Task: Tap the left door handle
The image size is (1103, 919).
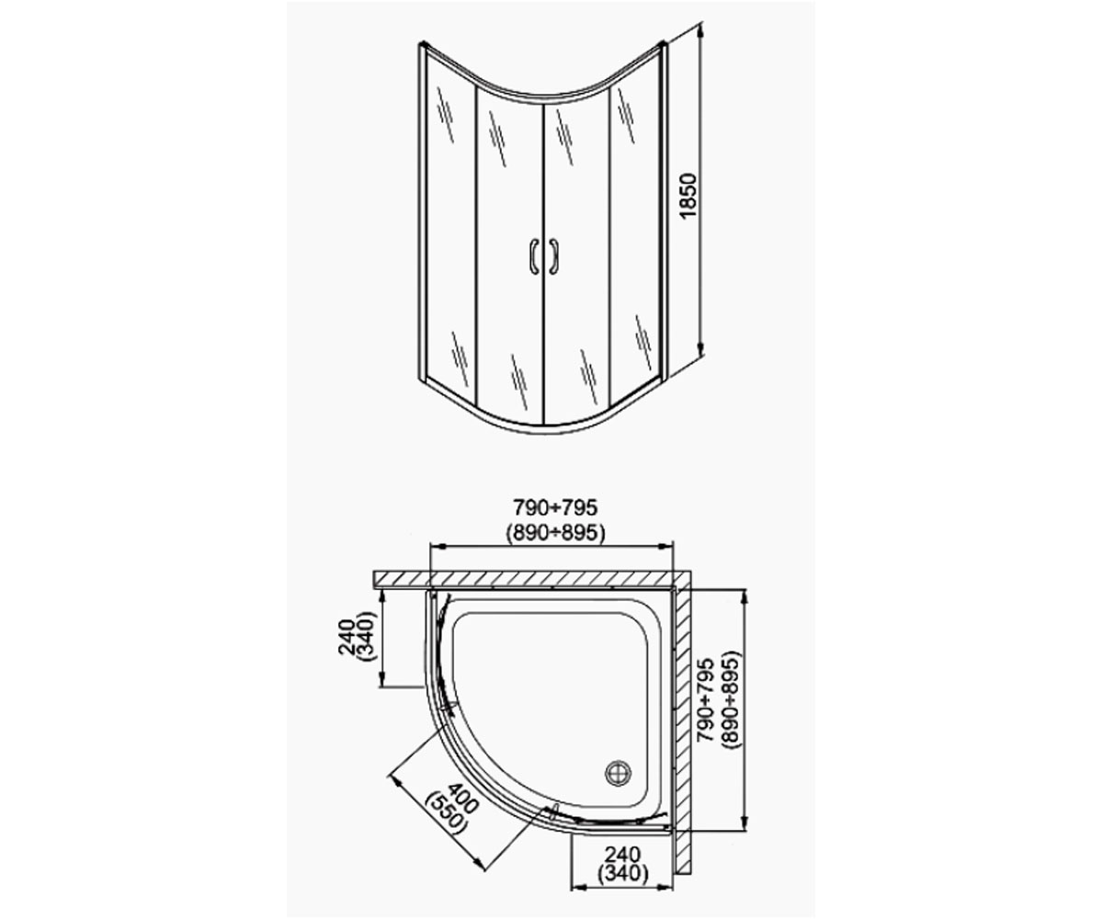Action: [535, 256]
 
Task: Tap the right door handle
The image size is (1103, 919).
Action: [553, 256]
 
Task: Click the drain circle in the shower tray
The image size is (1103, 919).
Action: [618, 774]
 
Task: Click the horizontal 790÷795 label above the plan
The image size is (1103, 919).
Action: [555, 507]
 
